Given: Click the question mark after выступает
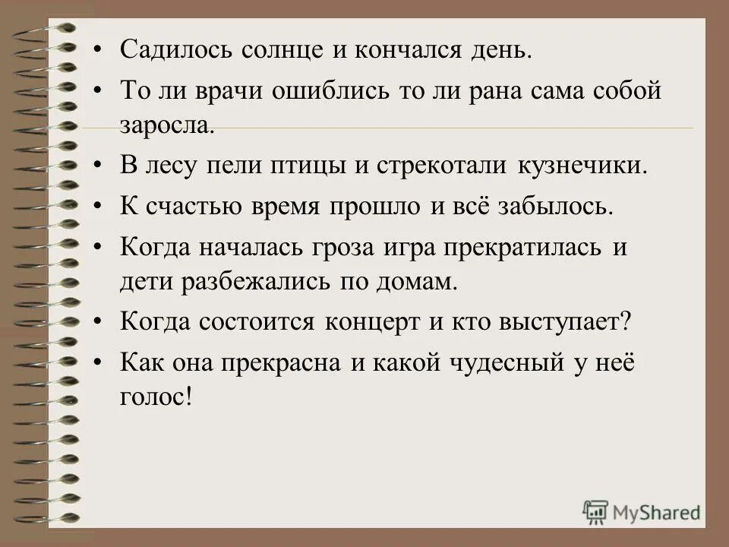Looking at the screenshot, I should [x=626, y=321].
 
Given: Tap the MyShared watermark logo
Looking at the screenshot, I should [x=641, y=511].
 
